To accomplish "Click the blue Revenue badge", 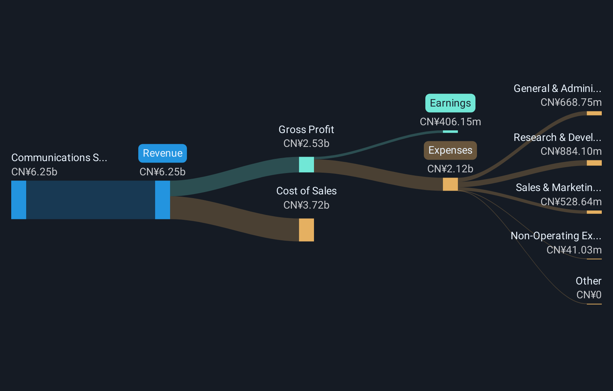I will (x=163, y=153).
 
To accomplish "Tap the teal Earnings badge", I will (x=450, y=103).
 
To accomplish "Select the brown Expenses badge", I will (x=450, y=150).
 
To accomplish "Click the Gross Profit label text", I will (x=306, y=130).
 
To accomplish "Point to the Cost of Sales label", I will (x=306, y=191).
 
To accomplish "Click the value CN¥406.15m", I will (x=450, y=122).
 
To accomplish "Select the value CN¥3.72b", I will (x=306, y=205).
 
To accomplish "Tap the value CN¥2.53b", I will (x=306, y=144).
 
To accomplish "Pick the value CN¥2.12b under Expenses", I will (x=450, y=169).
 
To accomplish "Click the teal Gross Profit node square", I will (x=306, y=164).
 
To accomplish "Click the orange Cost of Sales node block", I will (x=306, y=230).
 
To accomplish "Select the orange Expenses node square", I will (x=450, y=184).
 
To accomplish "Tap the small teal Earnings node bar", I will (x=450, y=132).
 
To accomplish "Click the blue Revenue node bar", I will (x=163, y=200).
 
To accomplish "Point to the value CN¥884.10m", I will (x=571, y=151).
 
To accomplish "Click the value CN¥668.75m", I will (x=571, y=102).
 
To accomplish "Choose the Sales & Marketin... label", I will (x=558, y=188).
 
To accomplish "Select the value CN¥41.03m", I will (x=574, y=250).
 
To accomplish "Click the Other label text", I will (x=588, y=281).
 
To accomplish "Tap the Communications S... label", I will (x=59, y=158).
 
